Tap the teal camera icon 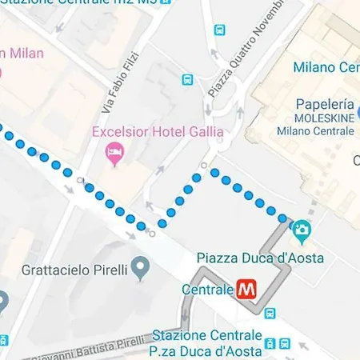(302, 231)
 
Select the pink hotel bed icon (114, 151)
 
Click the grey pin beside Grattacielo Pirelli (142, 266)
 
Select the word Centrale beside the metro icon (208, 289)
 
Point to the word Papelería (324, 104)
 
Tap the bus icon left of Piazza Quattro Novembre (187, 80)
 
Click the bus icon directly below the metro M (270, 314)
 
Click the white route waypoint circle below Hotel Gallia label (205, 166)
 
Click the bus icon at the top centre (219, 30)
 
